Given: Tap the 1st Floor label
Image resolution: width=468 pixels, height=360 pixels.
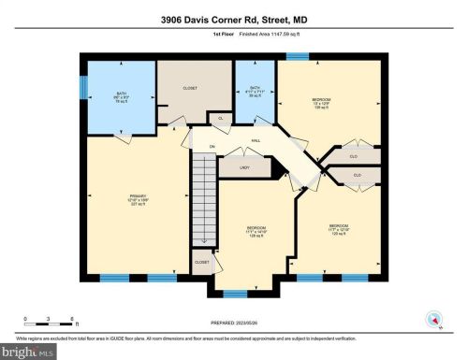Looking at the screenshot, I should pos(196,34).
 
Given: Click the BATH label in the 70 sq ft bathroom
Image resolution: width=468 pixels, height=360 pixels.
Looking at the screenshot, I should pos(122,94).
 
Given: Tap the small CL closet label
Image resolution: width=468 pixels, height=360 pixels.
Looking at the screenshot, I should pos(221,119).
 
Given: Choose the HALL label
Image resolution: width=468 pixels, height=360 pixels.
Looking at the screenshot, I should pos(254,141).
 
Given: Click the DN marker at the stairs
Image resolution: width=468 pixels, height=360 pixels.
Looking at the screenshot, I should pos(212,148).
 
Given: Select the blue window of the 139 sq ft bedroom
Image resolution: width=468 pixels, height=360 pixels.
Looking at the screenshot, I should pos(298,57).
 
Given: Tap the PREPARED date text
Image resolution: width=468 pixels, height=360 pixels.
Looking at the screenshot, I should pos(234,324).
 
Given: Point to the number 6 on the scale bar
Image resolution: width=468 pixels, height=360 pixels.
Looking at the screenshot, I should pos(75,319).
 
